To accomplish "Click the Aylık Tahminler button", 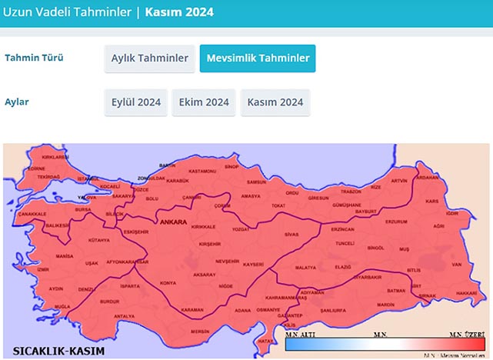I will click(149, 58).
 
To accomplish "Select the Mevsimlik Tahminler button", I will click(257, 58).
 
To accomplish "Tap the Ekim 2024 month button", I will click(204, 102).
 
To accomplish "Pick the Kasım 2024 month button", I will click(275, 102).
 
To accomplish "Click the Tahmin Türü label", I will click(34, 58).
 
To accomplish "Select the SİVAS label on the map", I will click(291, 233).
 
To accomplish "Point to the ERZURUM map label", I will click(396, 222).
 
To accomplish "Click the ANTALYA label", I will click(124, 316).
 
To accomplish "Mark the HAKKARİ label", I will click(466, 293).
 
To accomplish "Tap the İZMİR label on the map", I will click(42, 270).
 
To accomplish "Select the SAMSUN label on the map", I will click(255, 182).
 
